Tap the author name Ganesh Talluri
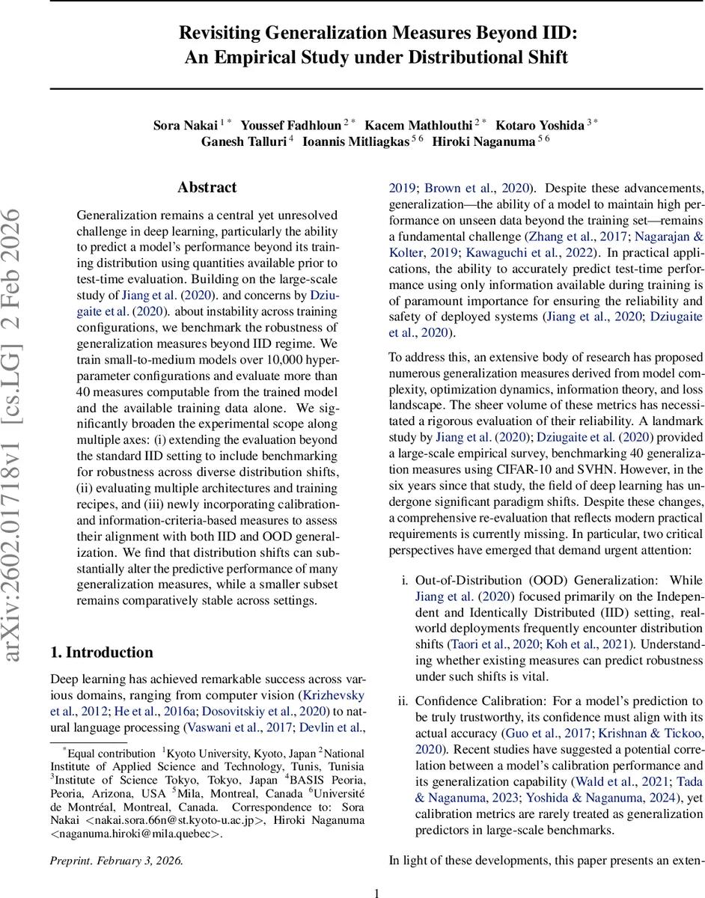coord(242,142)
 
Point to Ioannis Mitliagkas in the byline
coord(355,142)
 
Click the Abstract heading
coord(207,187)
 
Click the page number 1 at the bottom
coord(376,892)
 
